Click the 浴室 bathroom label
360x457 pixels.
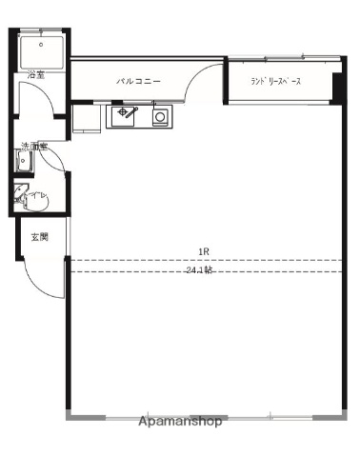tap(35, 73)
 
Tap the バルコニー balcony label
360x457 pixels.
tap(138, 82)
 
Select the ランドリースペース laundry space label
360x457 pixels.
tap(276, 82)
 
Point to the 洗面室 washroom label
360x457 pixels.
tap(34, 148)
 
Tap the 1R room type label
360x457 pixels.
tap(203, 252)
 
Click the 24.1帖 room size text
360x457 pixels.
tap(200, 270)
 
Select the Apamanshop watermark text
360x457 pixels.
tap(180, 420)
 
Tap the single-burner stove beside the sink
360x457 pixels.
tap(159, 118)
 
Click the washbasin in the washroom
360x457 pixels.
tap(24, 163)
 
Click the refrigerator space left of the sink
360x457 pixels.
tap(87, 118)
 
